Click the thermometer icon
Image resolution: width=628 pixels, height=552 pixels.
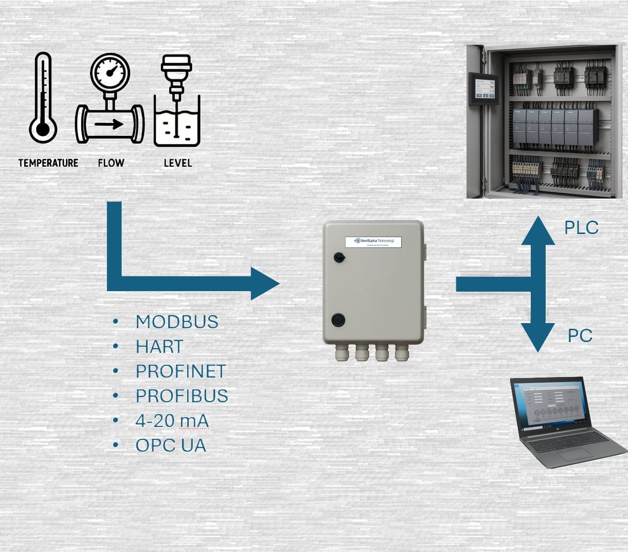pyautogui.click(x=43, y=98)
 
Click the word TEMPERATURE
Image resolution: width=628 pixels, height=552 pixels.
pyautogui.click(x=48, y=163)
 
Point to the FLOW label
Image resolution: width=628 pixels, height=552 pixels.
pyautogui.click(x=111, y=163)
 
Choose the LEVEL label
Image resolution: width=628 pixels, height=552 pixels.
pyautogui.click(x=177, y=163)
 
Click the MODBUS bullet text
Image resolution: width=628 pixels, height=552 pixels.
pyautogui.click(x=177, y=322)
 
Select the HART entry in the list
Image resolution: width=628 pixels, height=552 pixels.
pyautogui.click(x=159, y=347)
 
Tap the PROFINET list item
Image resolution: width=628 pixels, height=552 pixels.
pyautogui.click(x=181, y=371)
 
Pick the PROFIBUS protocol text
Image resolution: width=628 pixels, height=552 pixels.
pyautogui.click(x=182, y=396)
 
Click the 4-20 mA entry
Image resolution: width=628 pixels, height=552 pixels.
pyautogui.click(x=172, y=420)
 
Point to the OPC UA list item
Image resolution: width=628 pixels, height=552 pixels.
pyautogui.click(x=171, y=445)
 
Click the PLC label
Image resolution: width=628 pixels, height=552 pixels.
pyautogui.click(x=581, y=228)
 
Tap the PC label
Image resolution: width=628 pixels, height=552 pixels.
pyautogui.click(x=580, y=336)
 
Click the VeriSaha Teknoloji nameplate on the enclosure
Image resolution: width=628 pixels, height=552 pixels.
pyautogui.click(x=373, y=242)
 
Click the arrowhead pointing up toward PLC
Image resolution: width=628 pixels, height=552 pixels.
pyautogui.click(x=538, y=230)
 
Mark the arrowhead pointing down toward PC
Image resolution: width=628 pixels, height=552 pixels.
pyautogui.click(x=538, y=338)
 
